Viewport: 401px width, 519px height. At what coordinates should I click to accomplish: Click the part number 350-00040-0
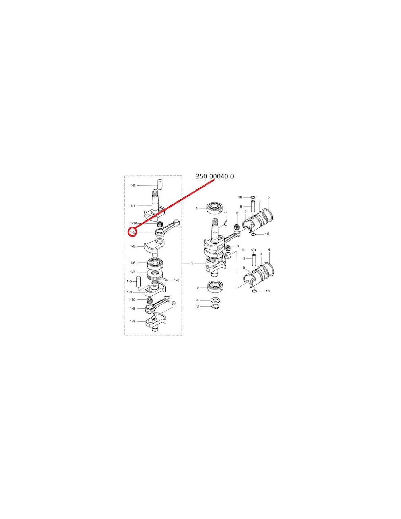(215, 177)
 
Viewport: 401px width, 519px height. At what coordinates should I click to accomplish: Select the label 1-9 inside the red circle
(132, 232)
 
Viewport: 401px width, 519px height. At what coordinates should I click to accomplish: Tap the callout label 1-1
(133, 205)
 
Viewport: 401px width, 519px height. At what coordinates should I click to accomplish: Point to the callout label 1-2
(133, 246)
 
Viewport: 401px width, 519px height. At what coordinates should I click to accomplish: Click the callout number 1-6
(133, 263)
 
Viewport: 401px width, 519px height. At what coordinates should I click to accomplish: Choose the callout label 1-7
(133, 272)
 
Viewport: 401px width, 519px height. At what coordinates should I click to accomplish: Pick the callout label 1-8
(176, 280)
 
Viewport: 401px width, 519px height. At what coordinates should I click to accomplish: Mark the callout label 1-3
(129, 292)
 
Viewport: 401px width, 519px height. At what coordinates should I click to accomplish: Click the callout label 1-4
(132, 321)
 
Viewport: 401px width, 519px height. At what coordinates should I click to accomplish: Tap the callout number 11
(226, 213)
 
